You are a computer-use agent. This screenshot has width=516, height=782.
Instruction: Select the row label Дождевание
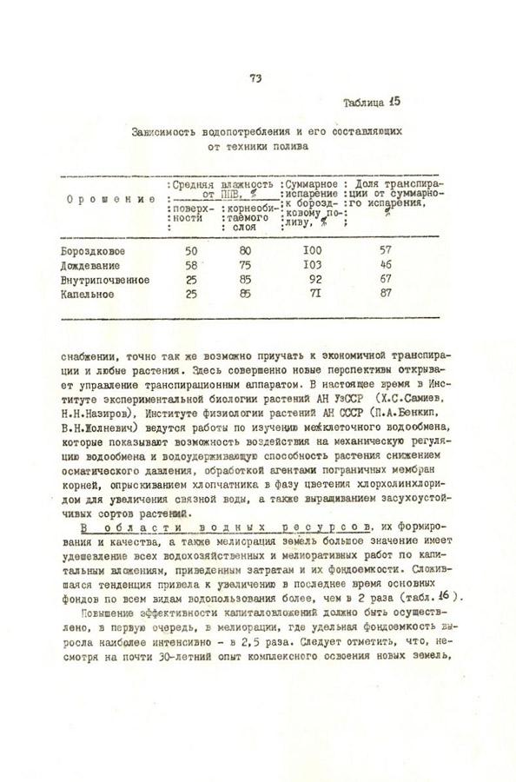click(x=89, y=265)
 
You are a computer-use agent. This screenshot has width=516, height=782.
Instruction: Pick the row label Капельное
click(x=87, y=295)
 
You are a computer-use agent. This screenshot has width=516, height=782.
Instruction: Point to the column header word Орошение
click(x=104, y=200)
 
